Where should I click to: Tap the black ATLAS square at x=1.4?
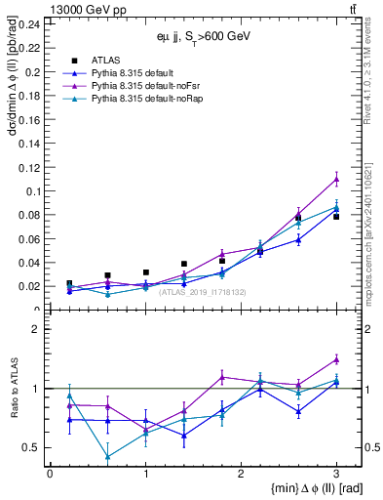tap(183, 264)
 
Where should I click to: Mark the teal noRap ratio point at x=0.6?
tap(107, 456)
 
